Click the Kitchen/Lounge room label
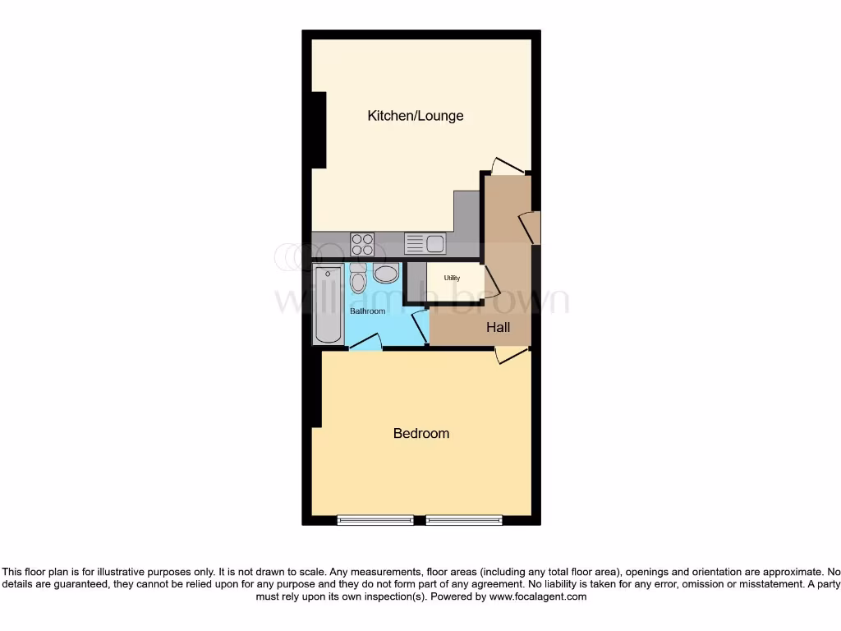[415, 116]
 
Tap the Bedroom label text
[420, 433]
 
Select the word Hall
[498, 327]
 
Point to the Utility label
[452, 279]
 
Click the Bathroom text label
[367, 311]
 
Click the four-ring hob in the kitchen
[362, 244]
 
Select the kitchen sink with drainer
[425, 244]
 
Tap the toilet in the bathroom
[358, 279]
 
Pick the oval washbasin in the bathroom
[385, 274]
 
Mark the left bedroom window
[375, 520]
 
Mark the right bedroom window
[464, 520]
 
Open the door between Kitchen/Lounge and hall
[507, 166]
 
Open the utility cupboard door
[491, 282]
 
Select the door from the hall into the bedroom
[511, 354]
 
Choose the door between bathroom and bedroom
[365, 343]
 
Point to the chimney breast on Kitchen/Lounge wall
[319, 130]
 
